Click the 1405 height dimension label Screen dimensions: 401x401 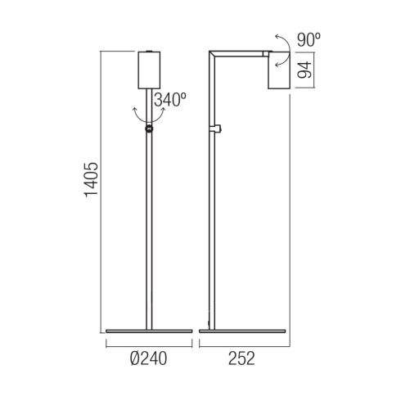click(x=91, y=178)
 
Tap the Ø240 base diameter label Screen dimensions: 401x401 click(x=148, y=358)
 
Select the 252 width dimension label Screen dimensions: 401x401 click(x=241, y=358)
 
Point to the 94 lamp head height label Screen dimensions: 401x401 click(x=304, y=70)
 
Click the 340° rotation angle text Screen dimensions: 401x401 click(x=170, y=100)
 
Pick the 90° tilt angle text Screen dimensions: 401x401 click(x=309, y=40)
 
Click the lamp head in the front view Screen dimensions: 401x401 click(x=149, y=70)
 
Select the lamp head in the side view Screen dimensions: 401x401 click(x=278, y=70)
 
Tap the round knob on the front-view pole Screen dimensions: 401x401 click(x=149, y=128)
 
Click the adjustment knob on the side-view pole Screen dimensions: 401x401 click(x=218, y=128)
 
